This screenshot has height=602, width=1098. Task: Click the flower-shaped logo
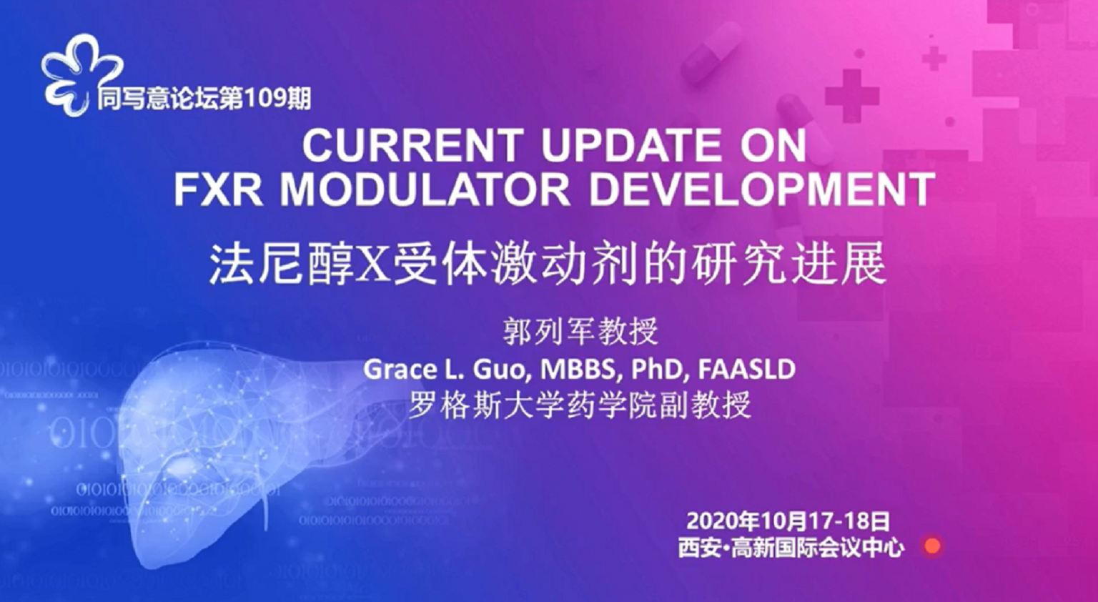click(x=81, y=74)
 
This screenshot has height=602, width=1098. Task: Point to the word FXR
click(x=218, y=189)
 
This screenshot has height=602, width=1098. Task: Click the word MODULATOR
click(x=425, y=189)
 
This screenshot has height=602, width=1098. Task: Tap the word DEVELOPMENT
click(x=761, y=189)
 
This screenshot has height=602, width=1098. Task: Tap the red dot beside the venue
click(x=932, y=546)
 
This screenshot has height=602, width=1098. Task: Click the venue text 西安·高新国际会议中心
click(x=791, y=548)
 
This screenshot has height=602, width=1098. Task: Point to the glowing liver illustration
click(x=245, y=441)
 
